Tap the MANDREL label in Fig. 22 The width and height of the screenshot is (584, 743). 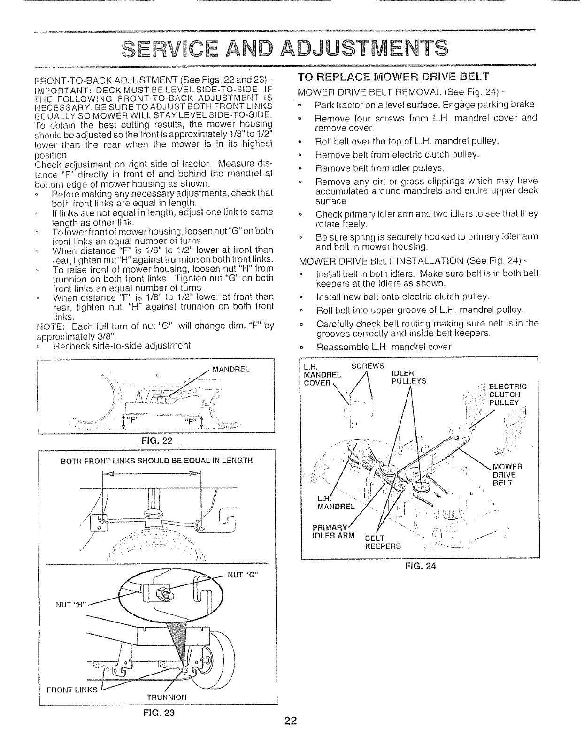click(231, 369)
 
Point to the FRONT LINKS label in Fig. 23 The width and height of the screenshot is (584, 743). click(72, 690)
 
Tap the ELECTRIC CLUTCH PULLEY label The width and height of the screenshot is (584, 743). click(507, 394)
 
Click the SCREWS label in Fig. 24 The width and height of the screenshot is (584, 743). click(368, 366)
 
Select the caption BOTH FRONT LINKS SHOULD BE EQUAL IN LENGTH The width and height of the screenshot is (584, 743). click(157, 461)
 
